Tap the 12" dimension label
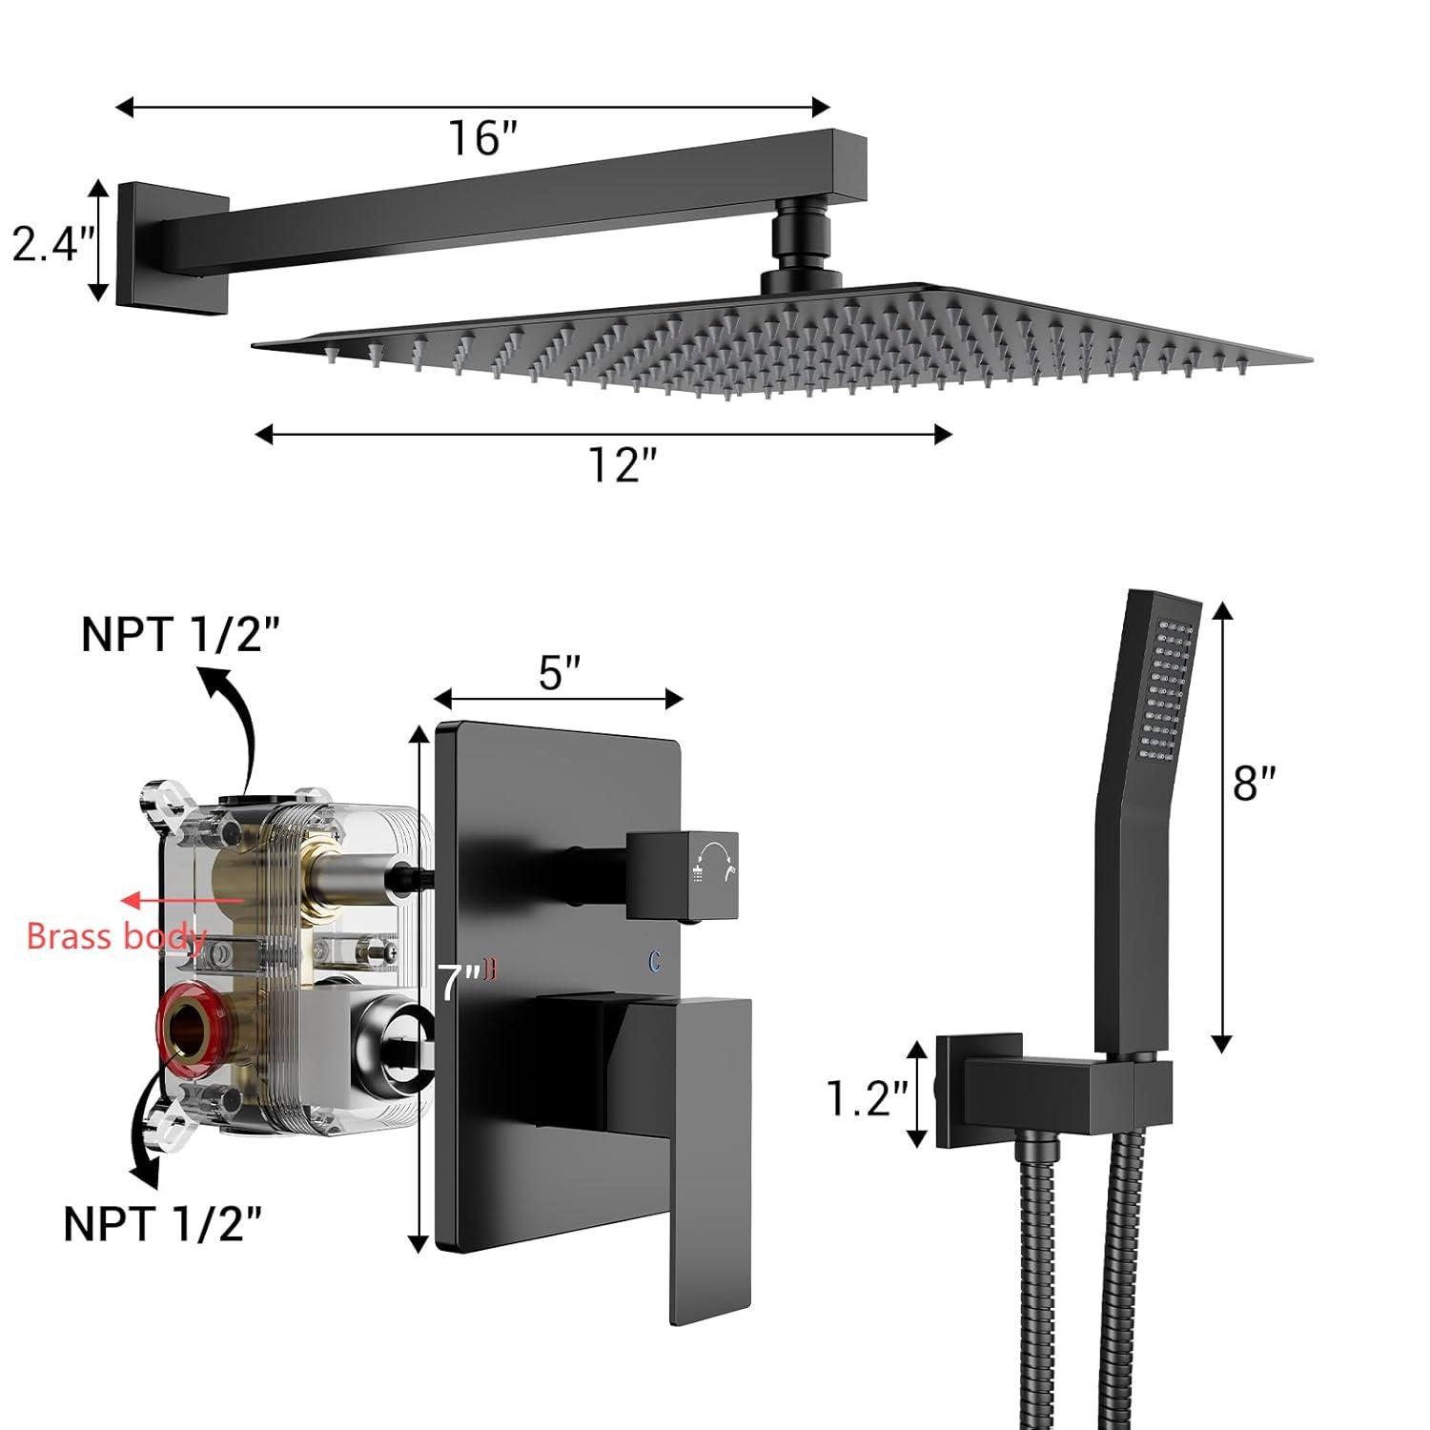pyautogui.click(x=623, y=465)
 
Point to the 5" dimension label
pyautogui.click(x=560, y=673)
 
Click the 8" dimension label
pyautogui.click(x=1254, y=784)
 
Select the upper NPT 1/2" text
pyautogui.click(x=181, y=635)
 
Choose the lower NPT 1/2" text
pyautogui.click(x=162, y=1223)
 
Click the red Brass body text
pyautogui.click(x=115, y=936)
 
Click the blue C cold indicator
pyautogui.click(x=655, y=962)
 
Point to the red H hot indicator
pyautogui.click(x=491, y=970)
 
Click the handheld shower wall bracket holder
pyautogui.click(x=1049, y=1092)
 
